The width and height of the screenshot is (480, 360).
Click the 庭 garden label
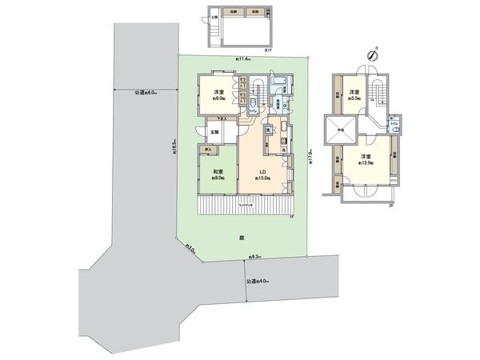pos(241,238)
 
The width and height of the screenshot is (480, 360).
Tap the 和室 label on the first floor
pos(218,174)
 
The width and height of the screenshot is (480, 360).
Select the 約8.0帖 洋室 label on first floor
pos(218,96)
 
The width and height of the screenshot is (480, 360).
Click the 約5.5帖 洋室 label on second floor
pos(354,96)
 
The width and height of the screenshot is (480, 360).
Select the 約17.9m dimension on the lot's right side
pos(310,152)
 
